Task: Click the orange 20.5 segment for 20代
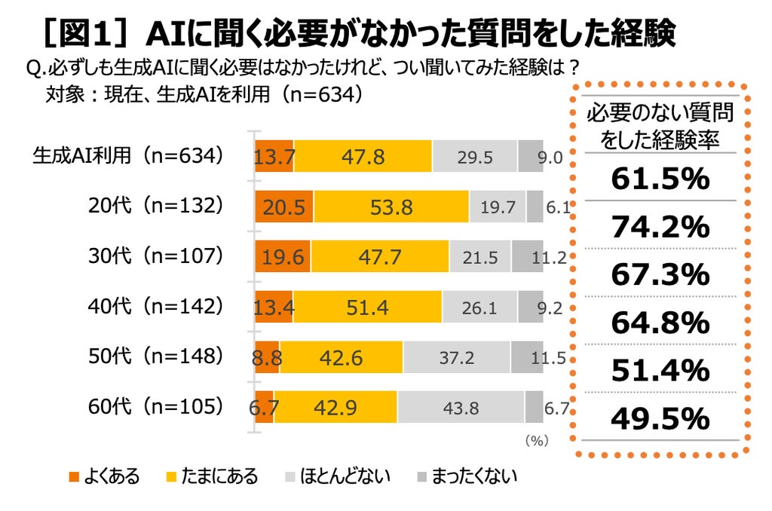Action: (284, 207)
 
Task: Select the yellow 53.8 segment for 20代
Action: (391, 207)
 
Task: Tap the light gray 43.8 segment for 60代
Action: (461, 407)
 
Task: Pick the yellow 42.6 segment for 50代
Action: (342, 357)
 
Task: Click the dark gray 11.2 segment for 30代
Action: (527, 256)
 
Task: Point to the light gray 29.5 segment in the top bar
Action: (475, 156)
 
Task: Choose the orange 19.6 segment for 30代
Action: (283, 256)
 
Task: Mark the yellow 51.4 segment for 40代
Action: (368, 307)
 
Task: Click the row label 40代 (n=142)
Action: (155, 306)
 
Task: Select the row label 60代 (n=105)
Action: (155, 407)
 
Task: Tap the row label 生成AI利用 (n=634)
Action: (128, 155)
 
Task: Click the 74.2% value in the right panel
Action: (660, 226)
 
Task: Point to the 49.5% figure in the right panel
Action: (660, 418)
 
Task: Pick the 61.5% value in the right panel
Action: (660, 178)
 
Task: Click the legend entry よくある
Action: (104, 476)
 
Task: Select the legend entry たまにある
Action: (212, 476)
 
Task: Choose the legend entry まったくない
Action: (467, 476)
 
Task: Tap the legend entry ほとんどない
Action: (338, 476)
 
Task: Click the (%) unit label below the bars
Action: (537, 440)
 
